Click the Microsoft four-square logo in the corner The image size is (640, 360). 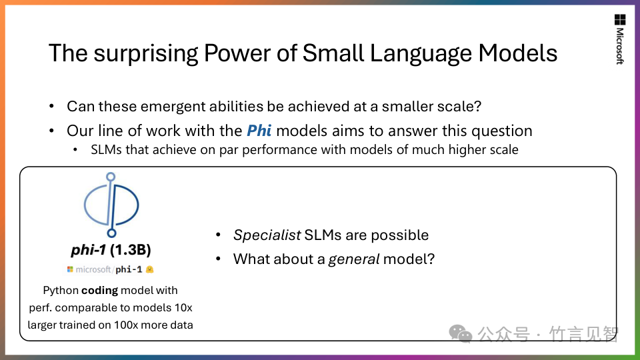[x=620, y=19]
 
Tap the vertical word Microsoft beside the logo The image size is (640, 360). [x=620, y=46]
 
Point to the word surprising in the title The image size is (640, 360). [x=146, y=54]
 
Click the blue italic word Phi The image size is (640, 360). [x=259, y=131]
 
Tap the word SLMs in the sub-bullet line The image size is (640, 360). [x=106, y=149]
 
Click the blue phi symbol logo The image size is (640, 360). [x=111, y=205]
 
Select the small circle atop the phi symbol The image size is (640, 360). [x=111, y=177]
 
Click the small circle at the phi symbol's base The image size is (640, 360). [x=111, y=233]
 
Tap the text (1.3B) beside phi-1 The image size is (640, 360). [x=131, y=249]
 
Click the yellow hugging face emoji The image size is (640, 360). [x=150, y=269]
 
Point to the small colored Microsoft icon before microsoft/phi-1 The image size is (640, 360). [x=70, y=269]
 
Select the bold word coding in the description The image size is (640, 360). [x=99, y=290]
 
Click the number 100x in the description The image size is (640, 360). [x=127, y=325]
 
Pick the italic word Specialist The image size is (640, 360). [x=267, y=235]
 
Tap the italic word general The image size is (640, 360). [x=354, y=259]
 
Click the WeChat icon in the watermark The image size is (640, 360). [x=460, y=334]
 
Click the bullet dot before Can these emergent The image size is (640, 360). [x=51, y=107]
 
